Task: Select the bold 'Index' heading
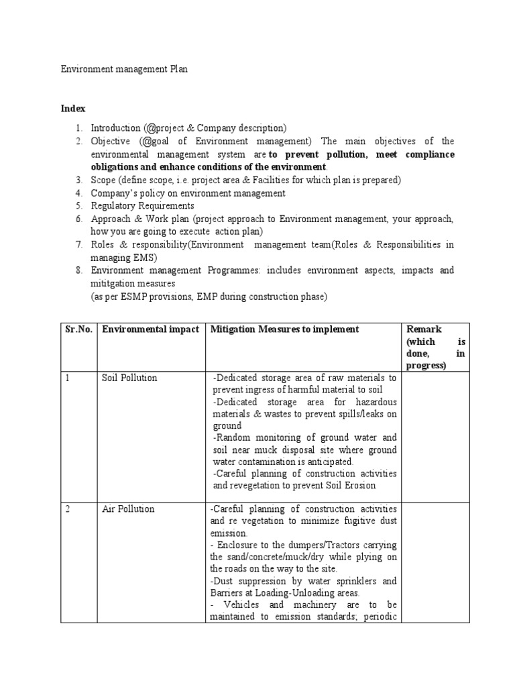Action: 73,108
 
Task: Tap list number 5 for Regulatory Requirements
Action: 78,206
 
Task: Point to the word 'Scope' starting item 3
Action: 103,180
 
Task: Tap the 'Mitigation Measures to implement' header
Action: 285,329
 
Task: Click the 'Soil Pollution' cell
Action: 129,378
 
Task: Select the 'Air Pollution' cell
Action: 127,509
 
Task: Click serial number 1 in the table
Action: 68,378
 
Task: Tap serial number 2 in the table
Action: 68,509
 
